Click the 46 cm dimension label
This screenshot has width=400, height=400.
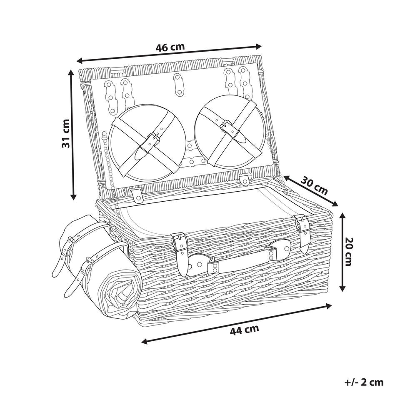point(170,47)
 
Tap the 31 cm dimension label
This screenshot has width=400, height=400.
point(66,133)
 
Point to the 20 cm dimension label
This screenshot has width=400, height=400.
point(349,252)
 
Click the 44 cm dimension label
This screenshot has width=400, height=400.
point(245,330)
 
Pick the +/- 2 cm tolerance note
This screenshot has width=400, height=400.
point(364,382)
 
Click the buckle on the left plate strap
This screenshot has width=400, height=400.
point(154,137)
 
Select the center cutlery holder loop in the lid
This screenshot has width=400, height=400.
point(179,84)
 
